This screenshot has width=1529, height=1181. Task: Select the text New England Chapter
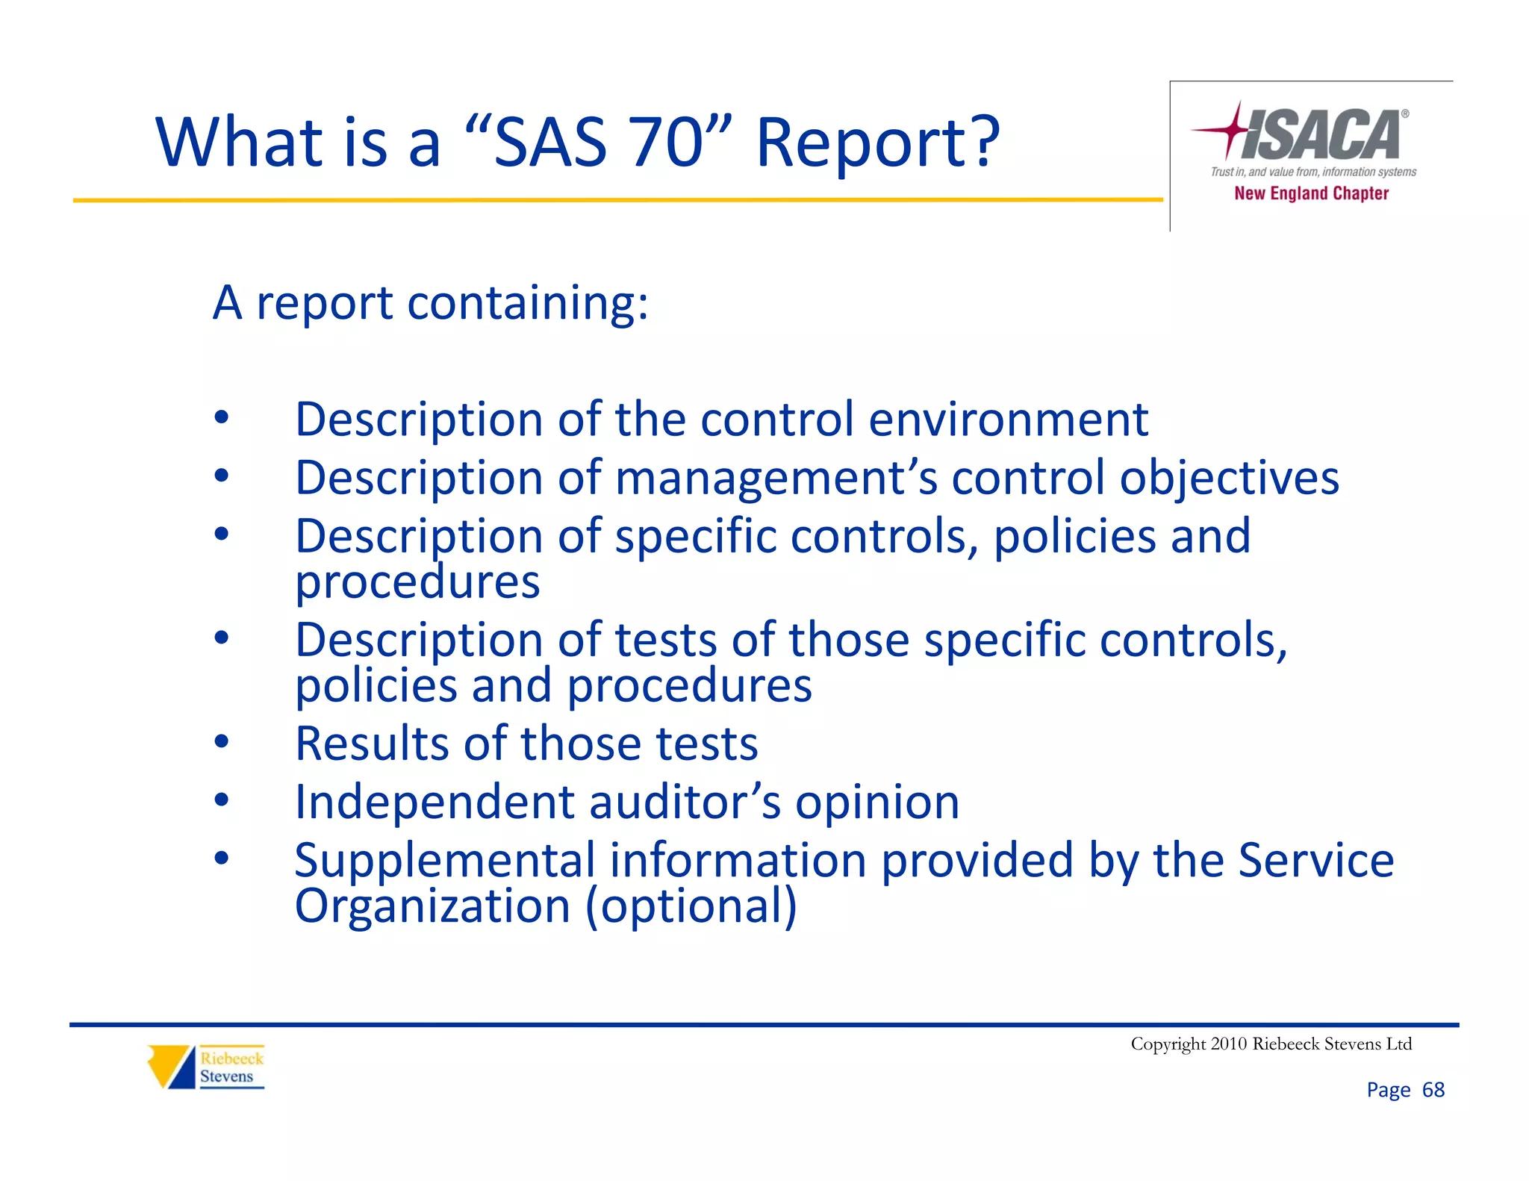(1311, 193)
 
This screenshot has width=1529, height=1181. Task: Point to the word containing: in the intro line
(528, 304)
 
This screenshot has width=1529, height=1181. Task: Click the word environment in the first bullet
(1008, 420)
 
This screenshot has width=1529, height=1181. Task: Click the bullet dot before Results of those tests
(221, 742)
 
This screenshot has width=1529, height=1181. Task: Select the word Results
(372, 744)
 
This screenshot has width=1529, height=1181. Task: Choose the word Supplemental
(445, 860)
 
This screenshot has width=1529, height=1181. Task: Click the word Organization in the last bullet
(433, 906)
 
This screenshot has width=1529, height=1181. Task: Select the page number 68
(1433, 1090)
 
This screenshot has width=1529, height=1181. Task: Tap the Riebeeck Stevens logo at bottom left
(206, 1067)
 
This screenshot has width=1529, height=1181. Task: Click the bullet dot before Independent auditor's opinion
(221, 800)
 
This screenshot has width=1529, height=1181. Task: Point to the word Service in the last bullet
(1315, 860)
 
